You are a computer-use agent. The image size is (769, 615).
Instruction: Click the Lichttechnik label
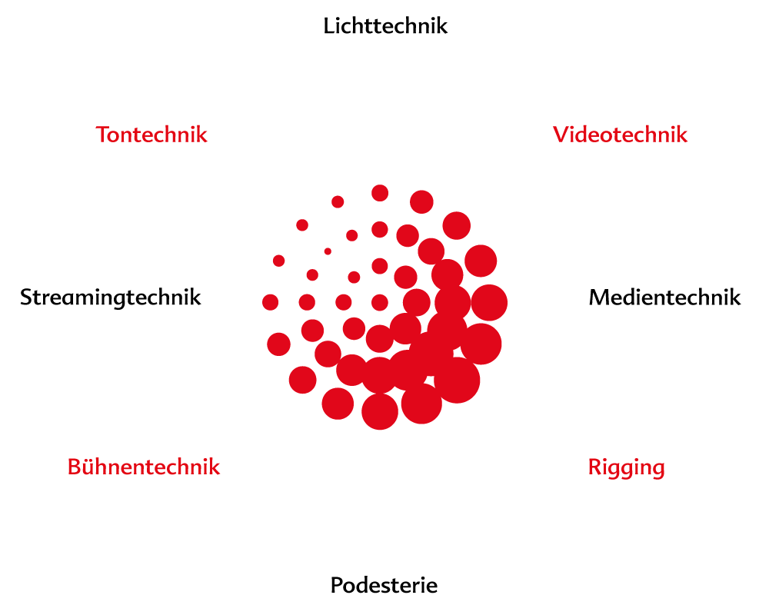coord(384,26)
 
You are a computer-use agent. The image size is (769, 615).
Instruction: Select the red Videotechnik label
coord(620,135)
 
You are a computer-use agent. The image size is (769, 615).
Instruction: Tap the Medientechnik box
coord(664,298)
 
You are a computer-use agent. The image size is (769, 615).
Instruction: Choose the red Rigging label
coord(626,467)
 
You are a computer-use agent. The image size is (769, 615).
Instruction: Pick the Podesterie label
coord(384,586)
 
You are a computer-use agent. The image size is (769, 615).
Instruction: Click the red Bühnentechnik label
coord(144,467)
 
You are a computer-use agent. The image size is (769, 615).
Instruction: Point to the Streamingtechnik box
coord(111,297)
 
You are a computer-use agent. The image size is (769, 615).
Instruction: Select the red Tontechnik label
coord(151,135)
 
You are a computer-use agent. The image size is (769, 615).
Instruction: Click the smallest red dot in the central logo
coord(328,251)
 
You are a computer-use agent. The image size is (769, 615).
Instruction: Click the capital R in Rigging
coord(595,467)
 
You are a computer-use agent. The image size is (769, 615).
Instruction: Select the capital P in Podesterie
coord(338,586)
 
